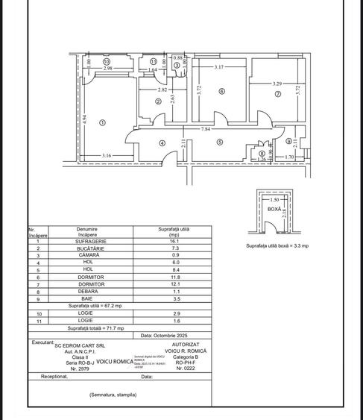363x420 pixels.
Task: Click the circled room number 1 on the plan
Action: pos(103,122)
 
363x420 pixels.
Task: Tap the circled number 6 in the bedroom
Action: pos(221,92)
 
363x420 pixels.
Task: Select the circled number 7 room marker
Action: pos(277,95)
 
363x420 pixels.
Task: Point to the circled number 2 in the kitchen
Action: pos(158,102)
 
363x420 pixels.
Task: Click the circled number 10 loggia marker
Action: pos(107,61)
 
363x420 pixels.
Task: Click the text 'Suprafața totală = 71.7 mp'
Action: pos(96,327)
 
